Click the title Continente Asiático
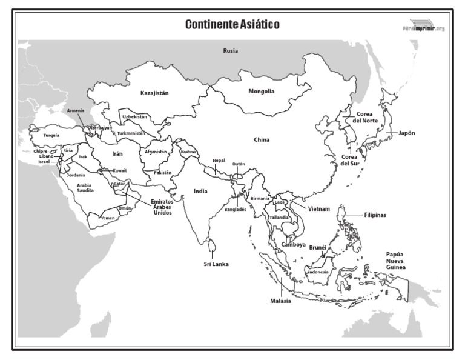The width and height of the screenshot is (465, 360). [x=232, y=25]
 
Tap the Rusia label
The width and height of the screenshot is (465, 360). [x=230, y=52]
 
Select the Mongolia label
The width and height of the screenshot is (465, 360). [x=262, y=92]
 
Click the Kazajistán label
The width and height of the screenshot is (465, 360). [x=154, y=93]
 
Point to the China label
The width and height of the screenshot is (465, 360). [x=262, y=140]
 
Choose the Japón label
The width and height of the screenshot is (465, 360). [x=407, y=133]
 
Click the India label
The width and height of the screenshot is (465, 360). [x=200, y=191]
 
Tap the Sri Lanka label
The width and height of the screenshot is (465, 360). [x=216, y=264]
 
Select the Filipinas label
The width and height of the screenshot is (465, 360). [x=375, y=215]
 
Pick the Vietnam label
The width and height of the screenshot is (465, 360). [x=318, y=209]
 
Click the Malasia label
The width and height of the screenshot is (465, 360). [x=281, y=301]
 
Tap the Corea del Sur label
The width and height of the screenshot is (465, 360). [x=351, y=160]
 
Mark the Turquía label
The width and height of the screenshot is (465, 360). [x=51, y=136]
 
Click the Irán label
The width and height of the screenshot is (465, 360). [x=117, y=154]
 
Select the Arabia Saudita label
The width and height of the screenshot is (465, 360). [x=85, y=188]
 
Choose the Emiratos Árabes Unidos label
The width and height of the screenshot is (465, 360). [x=162, y=207]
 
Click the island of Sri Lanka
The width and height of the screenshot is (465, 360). [x=211, y=245]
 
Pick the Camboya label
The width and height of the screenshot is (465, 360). [x=293, y=245]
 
